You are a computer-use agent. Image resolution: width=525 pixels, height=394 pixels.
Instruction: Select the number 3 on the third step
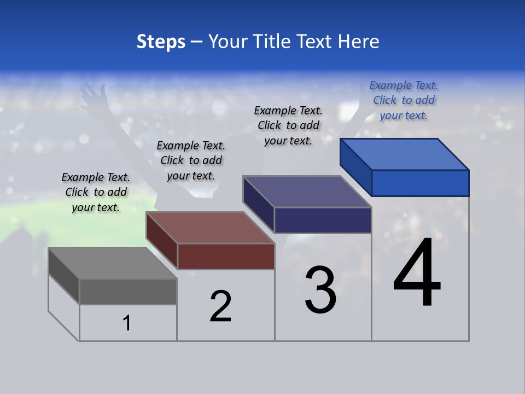[320, 290]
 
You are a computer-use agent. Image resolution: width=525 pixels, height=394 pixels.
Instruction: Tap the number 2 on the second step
[221, 306]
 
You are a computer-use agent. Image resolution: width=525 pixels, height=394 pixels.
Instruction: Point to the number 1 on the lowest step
[127, 323]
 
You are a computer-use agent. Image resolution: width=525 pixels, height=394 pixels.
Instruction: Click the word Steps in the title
[161, 42]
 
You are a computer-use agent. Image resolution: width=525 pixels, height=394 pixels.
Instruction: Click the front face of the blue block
[420, 183]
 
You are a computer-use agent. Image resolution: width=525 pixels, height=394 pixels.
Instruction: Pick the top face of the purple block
[307, 192]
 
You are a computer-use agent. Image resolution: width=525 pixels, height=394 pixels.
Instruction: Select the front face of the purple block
[323, 220]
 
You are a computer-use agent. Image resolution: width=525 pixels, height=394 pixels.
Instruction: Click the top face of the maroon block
[210, 228]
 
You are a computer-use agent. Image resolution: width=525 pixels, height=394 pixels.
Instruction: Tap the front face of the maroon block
[226, 256]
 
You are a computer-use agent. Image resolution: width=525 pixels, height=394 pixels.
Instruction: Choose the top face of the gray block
[113, 263]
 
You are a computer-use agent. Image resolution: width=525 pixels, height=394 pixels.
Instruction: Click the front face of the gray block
[128, 291]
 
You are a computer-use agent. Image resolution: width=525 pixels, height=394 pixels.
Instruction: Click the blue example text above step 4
[404, 100]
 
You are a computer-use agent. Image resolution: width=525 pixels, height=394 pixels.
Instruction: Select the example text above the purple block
[288, 125]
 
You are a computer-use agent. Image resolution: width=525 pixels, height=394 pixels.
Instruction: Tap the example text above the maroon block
[191, 160]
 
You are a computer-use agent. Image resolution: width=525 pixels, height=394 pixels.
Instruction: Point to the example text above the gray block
[96, 192]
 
